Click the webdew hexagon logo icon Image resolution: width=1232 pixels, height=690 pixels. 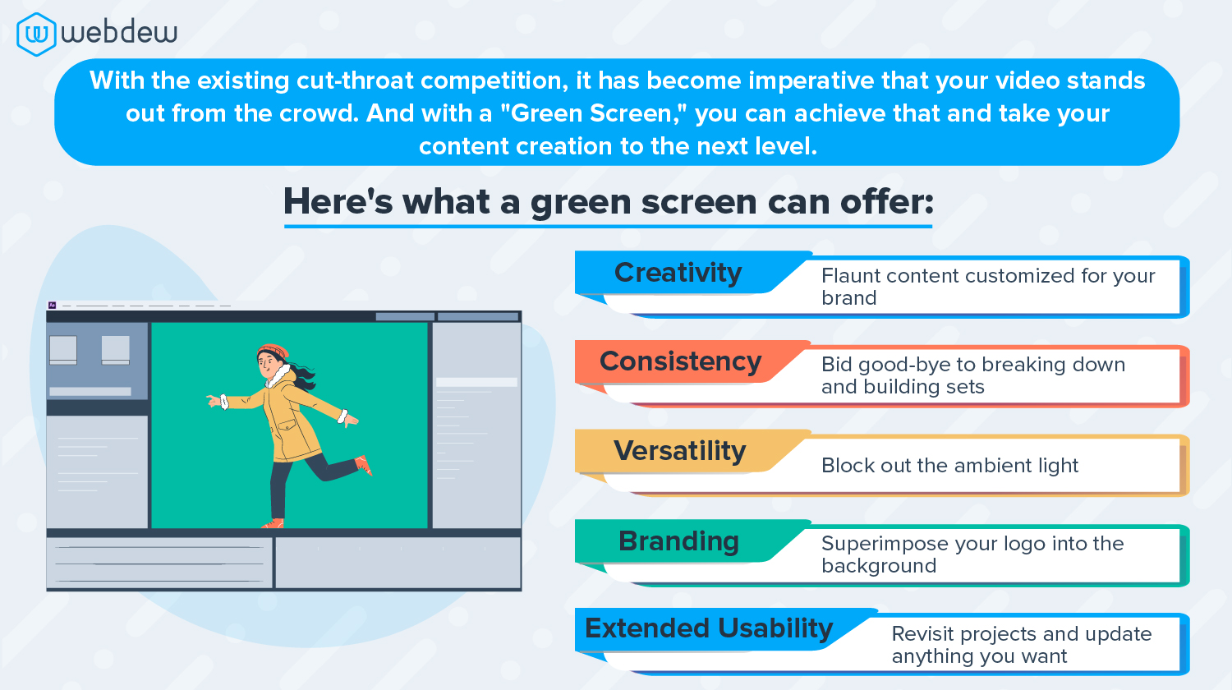point(36,34)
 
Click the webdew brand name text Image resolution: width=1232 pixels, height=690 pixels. point(119,33)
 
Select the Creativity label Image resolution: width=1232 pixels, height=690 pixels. point(678,273)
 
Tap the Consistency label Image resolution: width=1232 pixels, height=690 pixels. point(680,361)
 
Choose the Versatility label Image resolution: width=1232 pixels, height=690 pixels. point(679,451)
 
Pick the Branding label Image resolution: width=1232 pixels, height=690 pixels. point(678,541)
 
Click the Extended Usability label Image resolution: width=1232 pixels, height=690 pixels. point(708,628)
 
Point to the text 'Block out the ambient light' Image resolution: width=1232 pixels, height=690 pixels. point(949,466)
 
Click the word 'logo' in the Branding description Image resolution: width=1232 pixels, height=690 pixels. point(1032,544)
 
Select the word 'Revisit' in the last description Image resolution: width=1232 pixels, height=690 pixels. point(922,634)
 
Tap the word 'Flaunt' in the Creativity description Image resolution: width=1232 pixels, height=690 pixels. point(851,276)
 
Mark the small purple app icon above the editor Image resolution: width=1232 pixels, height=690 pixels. point(52,305)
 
